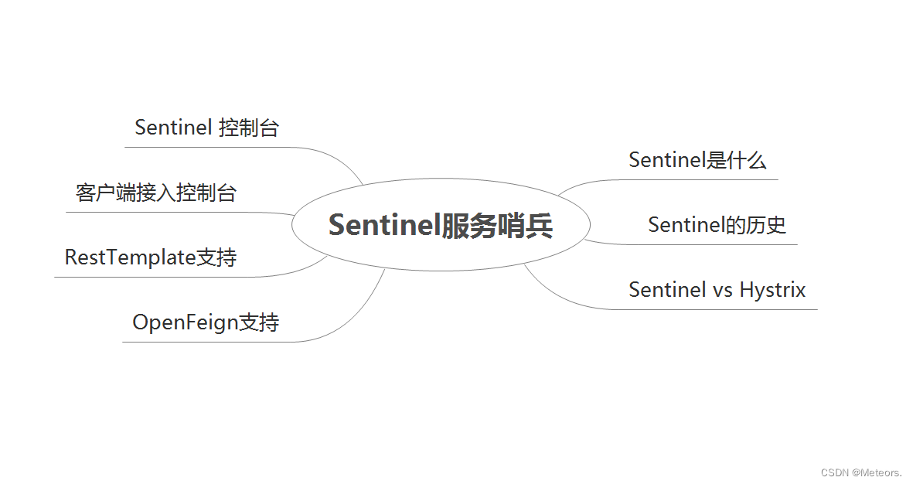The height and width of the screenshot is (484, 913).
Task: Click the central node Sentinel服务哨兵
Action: tap(441, 225)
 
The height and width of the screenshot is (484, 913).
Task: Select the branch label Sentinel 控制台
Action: tap(206, 128)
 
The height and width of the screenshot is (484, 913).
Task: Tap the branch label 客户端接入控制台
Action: tap(156, 193)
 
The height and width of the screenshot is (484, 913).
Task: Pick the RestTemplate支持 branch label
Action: tap(151, 257)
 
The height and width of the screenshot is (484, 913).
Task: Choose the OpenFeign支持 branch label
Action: tap(206, 322)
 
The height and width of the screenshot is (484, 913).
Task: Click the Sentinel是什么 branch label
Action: tap(697, 160)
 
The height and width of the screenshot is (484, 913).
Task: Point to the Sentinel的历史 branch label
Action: tap(717, 225)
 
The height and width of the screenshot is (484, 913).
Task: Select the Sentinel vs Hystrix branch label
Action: tap(717, 290)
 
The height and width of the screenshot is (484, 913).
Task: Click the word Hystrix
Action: tap(772, 290)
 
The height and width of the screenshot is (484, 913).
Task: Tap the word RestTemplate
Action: tap(130, 257)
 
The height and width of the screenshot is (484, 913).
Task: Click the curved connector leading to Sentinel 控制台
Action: tap(340, 158)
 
